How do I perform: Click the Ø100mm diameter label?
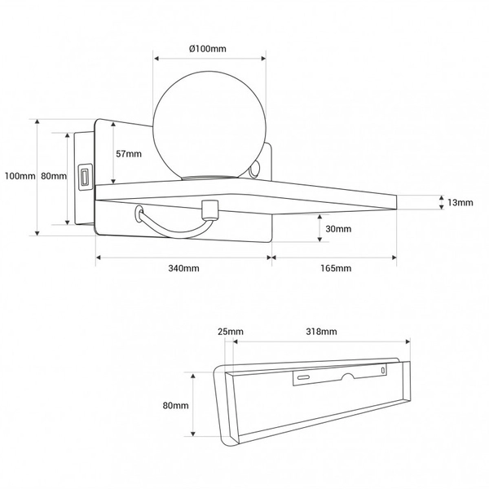tap(207, 49)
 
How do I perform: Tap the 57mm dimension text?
tap(129, 154)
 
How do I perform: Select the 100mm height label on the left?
tap(20, 176)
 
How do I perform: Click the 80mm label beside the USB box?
tap(54, 176)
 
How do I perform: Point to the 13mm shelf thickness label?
tap(460, 203)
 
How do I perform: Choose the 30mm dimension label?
tap(338, 229)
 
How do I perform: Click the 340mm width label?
tap(183, 268)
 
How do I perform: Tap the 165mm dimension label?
tap(336, 268)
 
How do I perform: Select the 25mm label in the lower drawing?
tap(231, 332)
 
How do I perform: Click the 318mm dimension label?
tap(321, 332)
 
